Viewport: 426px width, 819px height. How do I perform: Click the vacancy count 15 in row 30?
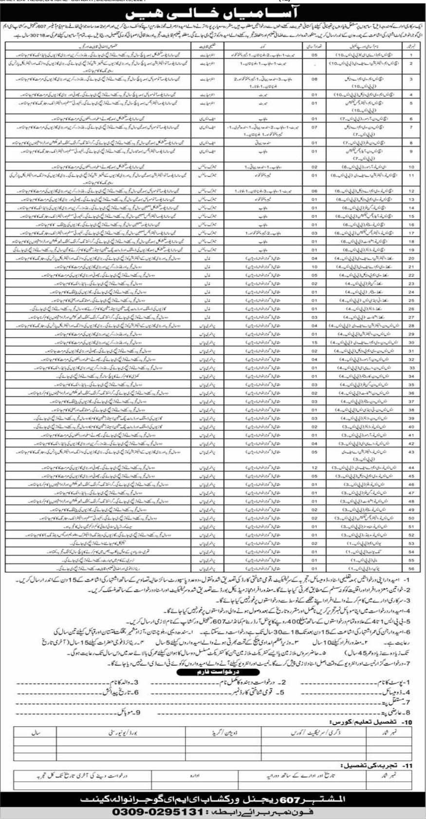pos(315,342)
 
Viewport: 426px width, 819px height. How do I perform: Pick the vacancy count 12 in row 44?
pos(315,467)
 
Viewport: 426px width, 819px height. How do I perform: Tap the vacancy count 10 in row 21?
pos(315,267)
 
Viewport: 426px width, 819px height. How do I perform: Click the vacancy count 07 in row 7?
pos(315,127)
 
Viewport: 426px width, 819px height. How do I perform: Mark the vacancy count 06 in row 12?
pos(315,191)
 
